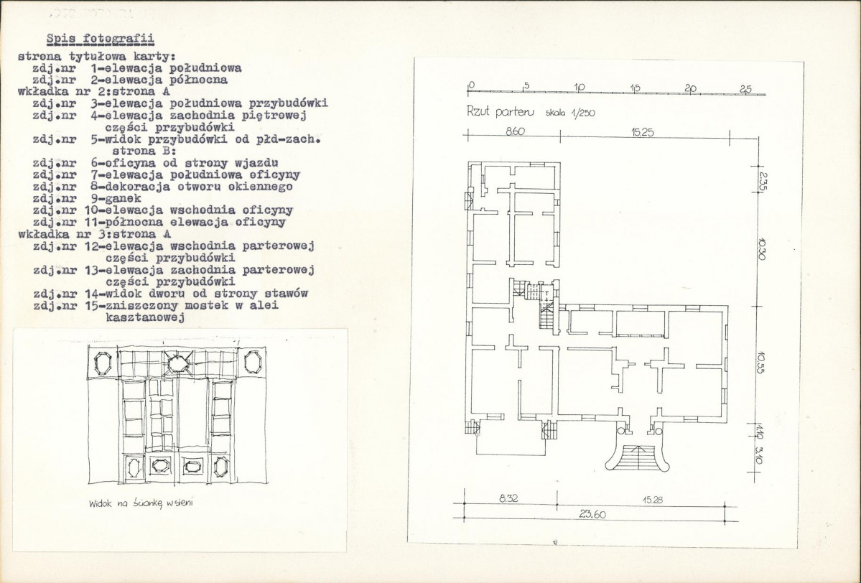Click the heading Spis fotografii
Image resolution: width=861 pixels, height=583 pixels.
(x=100, y=39)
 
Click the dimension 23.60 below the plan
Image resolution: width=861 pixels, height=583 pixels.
(x=592, y=514)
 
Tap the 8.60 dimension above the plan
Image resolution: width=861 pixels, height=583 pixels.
(x=514, y=132)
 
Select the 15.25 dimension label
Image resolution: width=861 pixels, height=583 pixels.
(x=643, y=132)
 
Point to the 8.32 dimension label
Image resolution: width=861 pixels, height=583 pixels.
(x=508, y=498)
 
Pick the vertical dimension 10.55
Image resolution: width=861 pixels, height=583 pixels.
(x=760, y=362)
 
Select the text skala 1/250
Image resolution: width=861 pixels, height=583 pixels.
(x=570, y=113)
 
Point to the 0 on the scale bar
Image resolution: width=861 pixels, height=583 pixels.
(x=470, y=85)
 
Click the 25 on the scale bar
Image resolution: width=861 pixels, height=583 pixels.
(x=745, y=89)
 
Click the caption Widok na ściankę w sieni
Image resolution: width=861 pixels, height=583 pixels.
(x=141, y=503)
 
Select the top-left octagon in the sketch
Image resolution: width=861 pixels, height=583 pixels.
(x=103, y=363)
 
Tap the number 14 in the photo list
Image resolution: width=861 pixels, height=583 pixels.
(x=91, y=293)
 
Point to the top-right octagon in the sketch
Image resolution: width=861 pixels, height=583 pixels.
(x=251, y=363)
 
